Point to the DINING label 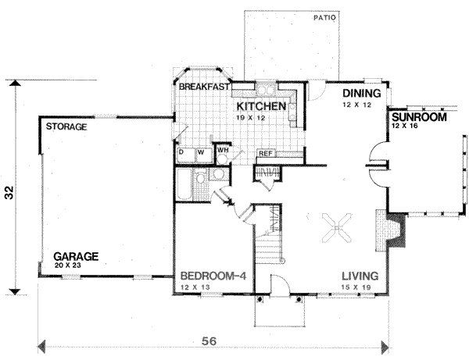[x=360, y=93]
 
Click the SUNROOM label [x=419, y=117]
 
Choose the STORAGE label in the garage [x=66, y=127]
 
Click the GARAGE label [x=76, y=255]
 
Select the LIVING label [x=360, y=276]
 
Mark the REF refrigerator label [x=266, y=154]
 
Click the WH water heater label [x=223, y=149]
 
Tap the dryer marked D [x=181, y=151]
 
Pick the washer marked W [x=200, y=151]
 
